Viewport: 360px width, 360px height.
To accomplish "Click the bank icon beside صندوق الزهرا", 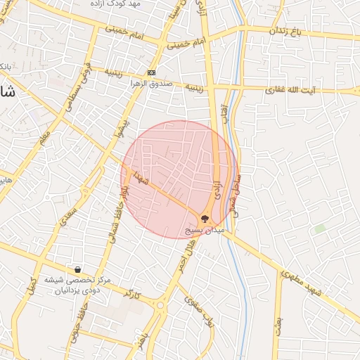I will coord(151,73).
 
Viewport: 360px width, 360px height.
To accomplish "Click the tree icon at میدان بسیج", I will coord(205,218).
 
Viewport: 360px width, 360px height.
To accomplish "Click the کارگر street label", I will coord(129,292).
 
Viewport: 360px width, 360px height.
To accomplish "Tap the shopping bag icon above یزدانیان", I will coord(77,270).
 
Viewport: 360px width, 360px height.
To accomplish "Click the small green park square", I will coord(320,229).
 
